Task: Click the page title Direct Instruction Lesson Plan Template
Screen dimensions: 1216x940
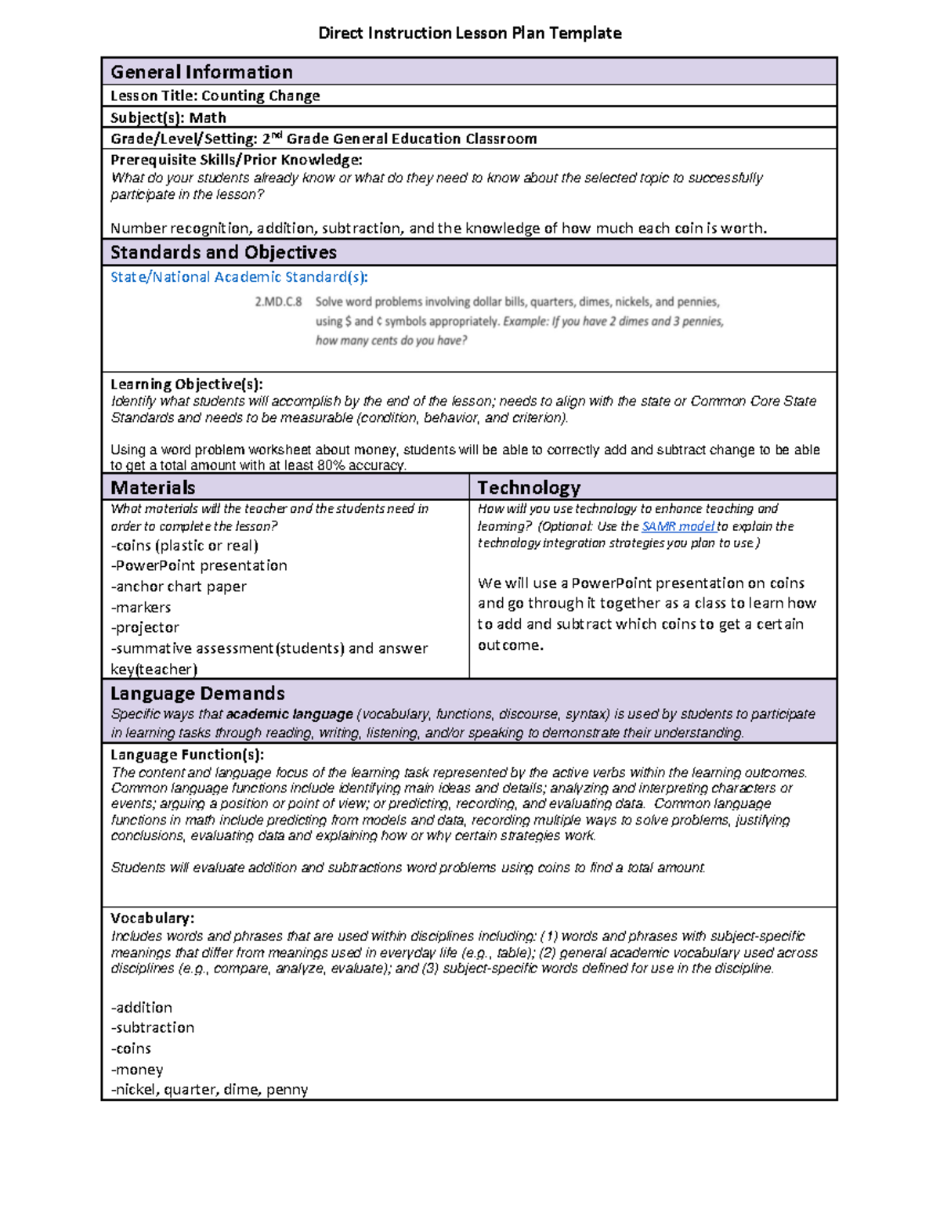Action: tap(469, 33)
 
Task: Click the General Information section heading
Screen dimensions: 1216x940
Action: tap(201, 72)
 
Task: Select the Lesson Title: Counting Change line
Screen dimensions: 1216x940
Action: tap(215, 96)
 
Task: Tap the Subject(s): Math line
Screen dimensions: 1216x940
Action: tap(168, 117)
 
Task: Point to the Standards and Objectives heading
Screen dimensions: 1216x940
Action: tap(223, 252)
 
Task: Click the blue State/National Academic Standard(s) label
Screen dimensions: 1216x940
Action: tap(239, 276)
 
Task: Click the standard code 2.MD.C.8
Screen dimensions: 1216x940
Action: tap(278, 301)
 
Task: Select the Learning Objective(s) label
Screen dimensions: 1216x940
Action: tap(186, 384)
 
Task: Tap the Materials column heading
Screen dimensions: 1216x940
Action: tap(153, 488)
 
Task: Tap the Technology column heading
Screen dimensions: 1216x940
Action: tap(529, 488)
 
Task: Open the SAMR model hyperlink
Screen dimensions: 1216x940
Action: tap(678, 526)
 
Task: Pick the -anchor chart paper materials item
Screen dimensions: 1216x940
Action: tap(179, 586)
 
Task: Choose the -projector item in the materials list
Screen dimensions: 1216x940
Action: tap(145, 627)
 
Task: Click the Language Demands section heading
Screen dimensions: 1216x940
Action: tap(197, 693)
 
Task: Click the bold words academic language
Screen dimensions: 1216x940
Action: tap(289, 714)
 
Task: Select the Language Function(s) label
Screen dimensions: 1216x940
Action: tap(186, 755)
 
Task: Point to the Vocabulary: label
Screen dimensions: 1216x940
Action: tap(152, 918)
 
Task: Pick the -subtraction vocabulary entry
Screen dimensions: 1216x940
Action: tap(153, 1027)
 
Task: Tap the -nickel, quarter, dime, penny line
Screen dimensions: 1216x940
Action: tap(209, 1089)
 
